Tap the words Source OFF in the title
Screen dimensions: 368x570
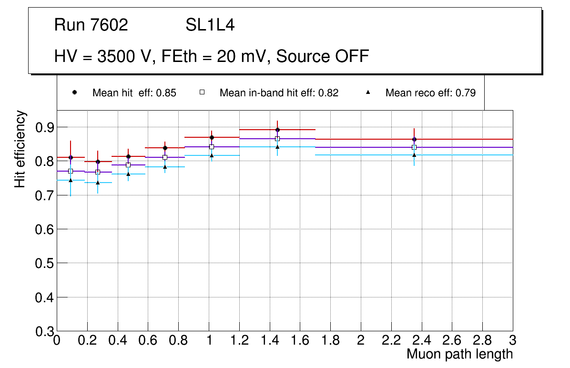(323, 56)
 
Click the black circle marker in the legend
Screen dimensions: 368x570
(74, 92)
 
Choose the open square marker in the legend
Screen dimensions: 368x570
(202, 92)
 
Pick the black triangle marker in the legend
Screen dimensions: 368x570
(367, 92)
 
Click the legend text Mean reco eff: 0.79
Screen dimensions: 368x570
(430, 93)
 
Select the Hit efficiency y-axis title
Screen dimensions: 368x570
(20, 149)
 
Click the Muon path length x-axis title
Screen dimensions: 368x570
(459, 354)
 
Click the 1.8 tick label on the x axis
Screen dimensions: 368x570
(330, 341)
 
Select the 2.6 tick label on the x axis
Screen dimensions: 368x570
(452, 341)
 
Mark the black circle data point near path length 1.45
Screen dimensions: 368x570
(277, 130)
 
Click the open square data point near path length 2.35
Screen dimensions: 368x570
(414, 147)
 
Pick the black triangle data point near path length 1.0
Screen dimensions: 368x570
(212, 155)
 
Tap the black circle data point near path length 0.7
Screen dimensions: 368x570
(165, 148)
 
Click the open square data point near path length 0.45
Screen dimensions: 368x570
(128, 165)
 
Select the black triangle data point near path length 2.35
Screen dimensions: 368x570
(414, 155)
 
